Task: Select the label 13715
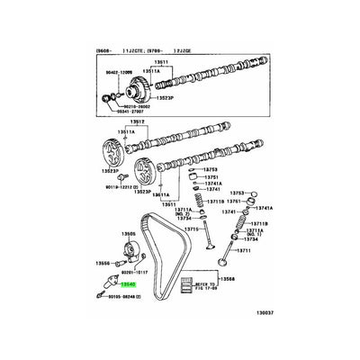point(192,229)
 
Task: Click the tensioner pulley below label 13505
point(126,252)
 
